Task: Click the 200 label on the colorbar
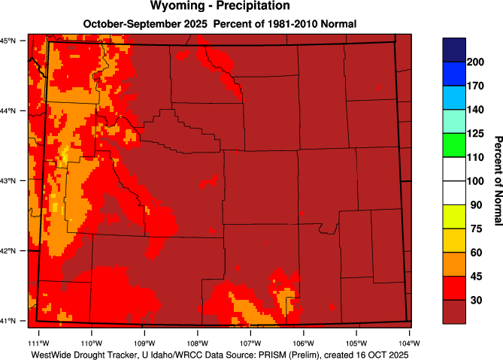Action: tap(474, 62)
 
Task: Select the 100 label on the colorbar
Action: tap(474, 181)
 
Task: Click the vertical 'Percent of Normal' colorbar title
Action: tap(496, 180)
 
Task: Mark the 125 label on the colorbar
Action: tap(474, 133)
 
